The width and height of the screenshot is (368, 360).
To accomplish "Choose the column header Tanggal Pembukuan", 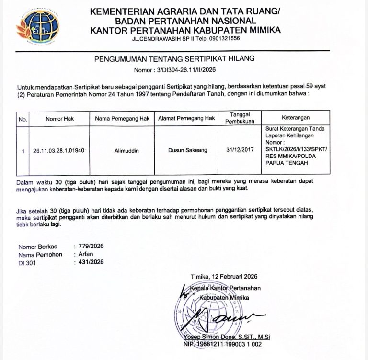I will click(x=239, y=118).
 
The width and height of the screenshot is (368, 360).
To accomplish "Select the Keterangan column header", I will click(x=296, y=118).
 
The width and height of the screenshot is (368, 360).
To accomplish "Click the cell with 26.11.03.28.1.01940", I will click(x=59, y=150).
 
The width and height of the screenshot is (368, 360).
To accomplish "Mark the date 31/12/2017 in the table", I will click(x=240, y=150).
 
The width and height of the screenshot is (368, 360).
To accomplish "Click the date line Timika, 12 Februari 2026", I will click(x=224, y=277).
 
